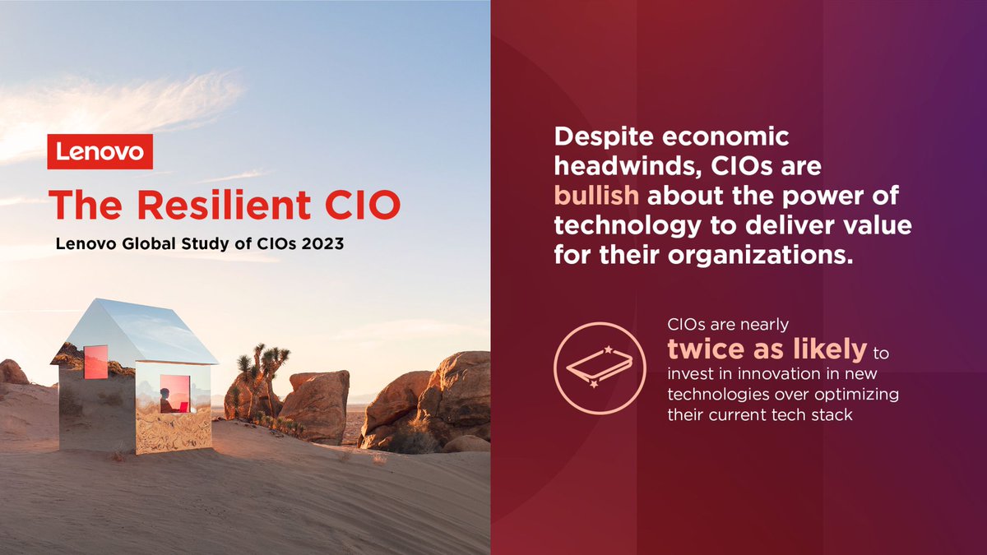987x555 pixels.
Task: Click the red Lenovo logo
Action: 100,152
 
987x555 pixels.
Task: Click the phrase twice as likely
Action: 767,349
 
